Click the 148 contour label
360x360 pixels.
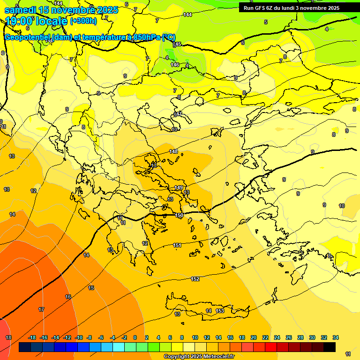pos(174,151)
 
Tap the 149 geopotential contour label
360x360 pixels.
pos(179,187)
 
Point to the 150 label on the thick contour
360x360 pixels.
pos(179,215)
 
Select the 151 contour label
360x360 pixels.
pos(177,245)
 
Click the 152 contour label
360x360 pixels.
pos(195,279)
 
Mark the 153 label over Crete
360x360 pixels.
pos(220,311)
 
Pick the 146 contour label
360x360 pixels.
pos(175,65)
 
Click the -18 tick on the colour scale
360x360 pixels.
pos(32,337)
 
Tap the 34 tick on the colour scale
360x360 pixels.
pos(336,337)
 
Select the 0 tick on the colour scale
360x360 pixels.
pos(135,337)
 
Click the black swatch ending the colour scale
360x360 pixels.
pos(330,347)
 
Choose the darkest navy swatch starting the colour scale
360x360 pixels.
pos(25,347)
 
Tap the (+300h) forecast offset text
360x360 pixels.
pos(83,21)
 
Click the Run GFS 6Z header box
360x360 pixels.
pos(291,8)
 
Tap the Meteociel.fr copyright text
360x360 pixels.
pos(199,357)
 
